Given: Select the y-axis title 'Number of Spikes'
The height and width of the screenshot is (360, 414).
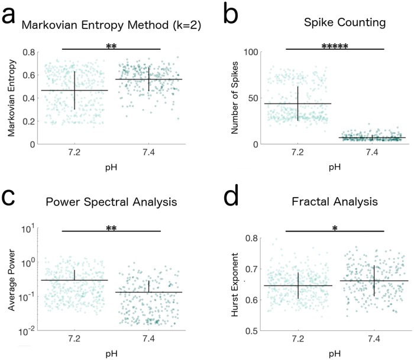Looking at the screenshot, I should (235, 98).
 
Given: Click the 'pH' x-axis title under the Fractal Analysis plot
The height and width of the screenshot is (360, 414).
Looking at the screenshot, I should (335, 355).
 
